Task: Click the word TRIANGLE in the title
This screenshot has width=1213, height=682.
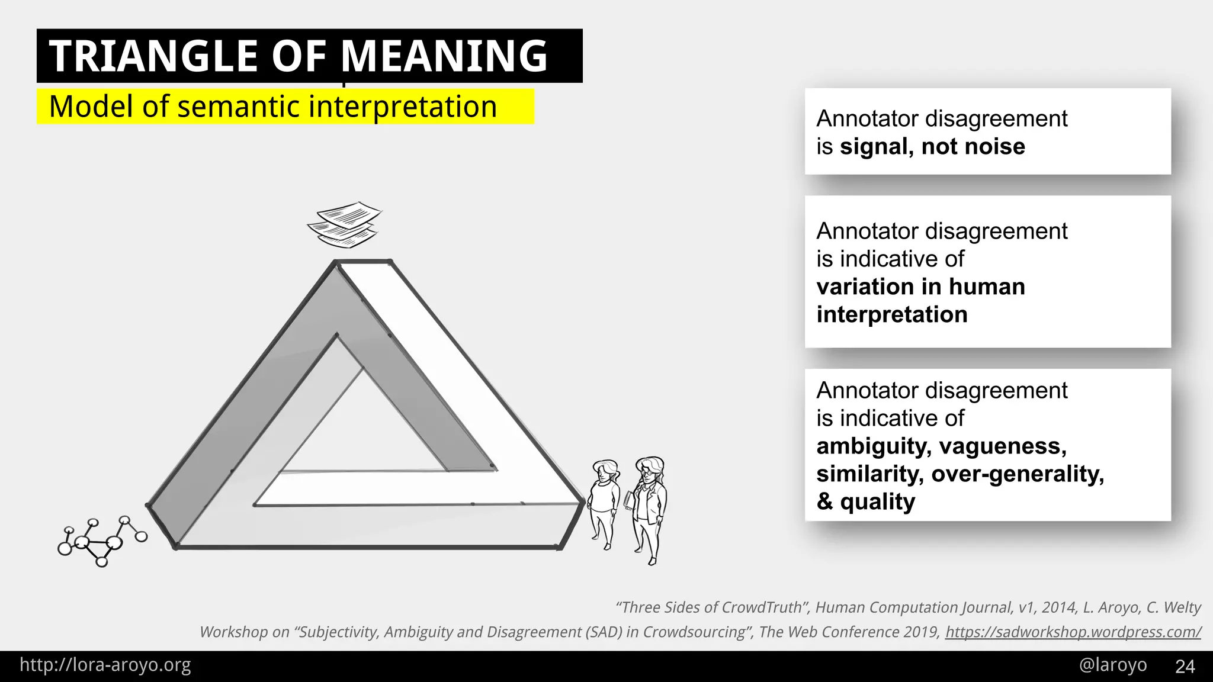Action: pyautogui.click(x=153, y=56)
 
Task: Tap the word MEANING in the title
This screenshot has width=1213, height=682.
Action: pyautogui.click(x=444, y=56)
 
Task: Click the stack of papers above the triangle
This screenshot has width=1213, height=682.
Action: pyautogui.click(x=344, y=224)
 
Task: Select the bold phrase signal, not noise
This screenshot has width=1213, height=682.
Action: pyautogui.click(x=932, y=146)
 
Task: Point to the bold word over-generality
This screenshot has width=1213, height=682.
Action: pyautogui.click(x=1017, y=474)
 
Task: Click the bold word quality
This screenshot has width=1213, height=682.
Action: pyautogui.click(x=877, y=501)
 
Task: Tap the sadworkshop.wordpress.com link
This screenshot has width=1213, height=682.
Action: pyautogui.click(x=1073, y=632)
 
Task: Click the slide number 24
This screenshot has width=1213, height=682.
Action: pyautogui.click(x=1185, y=666)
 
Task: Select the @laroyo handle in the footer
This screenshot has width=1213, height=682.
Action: pyautogui.click(x=1113, y=665)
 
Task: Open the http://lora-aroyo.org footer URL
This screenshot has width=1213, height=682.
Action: pyautogui.click(x=105, y=665)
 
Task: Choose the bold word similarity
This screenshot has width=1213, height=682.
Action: pyautogui.click(x=869, y=474)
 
